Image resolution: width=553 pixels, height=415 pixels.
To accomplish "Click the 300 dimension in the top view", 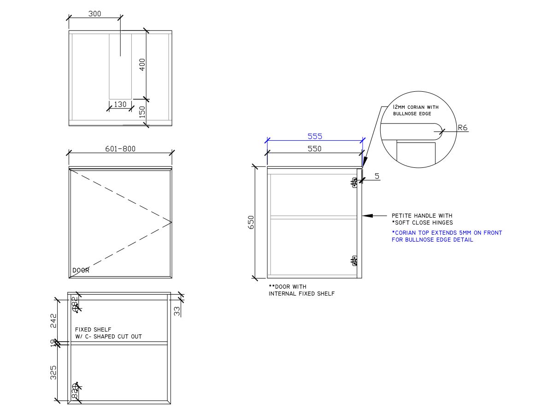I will coord(94,14).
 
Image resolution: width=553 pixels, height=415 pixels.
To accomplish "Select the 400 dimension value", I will coord(142,64).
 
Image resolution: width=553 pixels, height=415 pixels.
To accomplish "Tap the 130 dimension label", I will coord(120,104).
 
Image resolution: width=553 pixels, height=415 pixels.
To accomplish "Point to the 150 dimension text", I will coord(142,112).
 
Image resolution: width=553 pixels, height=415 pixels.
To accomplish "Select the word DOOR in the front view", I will coord(81,271).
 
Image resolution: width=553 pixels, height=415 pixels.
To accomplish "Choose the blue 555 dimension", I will coord(315,136).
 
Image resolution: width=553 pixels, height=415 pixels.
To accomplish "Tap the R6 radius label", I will coord(463,128).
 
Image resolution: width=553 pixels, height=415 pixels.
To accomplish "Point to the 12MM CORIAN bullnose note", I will coord(415,110).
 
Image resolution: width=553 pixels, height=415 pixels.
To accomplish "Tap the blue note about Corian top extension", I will coord(447,236).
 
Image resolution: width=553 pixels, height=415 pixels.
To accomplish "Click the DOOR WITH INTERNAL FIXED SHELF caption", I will coord(301,290).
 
